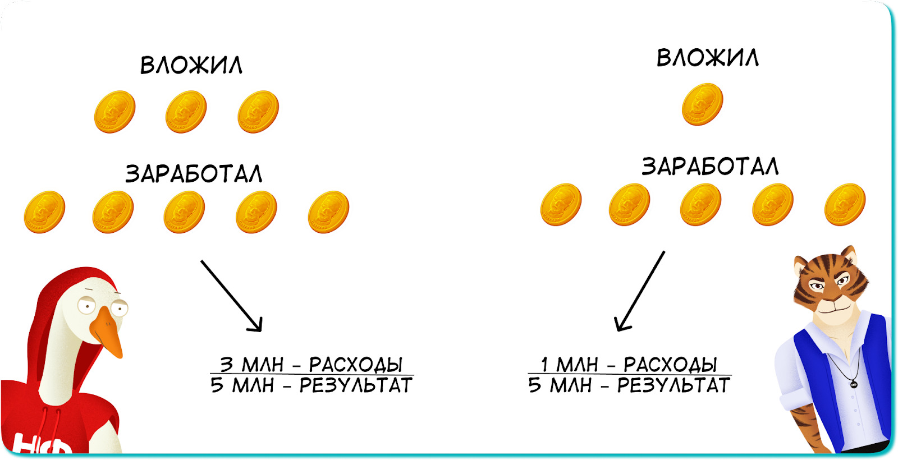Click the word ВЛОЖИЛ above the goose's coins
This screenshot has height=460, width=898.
191,65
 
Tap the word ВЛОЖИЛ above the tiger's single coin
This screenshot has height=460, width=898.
708,58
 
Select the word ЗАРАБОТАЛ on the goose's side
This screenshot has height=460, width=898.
194,174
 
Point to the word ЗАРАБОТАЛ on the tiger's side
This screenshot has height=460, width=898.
710,167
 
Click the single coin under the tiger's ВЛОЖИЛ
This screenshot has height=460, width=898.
702,104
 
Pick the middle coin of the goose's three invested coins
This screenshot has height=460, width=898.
186,112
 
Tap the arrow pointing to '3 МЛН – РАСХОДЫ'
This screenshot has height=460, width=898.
231,295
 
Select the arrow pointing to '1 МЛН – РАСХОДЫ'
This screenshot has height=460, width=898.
640,291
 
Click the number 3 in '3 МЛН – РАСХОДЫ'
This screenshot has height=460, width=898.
226,365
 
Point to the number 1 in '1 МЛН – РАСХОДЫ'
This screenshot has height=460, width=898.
544,365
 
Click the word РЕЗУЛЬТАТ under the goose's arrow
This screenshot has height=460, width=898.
355,386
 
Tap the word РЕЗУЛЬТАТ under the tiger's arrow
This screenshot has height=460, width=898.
673,386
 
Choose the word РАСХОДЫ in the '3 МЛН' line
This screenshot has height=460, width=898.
355,365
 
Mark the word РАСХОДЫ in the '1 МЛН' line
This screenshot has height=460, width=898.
670,365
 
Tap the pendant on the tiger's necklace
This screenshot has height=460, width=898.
854,384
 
